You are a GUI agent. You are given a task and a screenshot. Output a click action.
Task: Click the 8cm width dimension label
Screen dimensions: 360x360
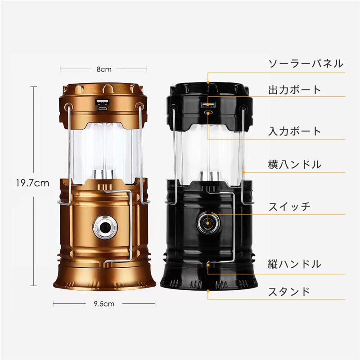coord(104,69)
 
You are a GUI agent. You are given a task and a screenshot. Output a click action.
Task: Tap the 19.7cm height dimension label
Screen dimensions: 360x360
coord(32,183)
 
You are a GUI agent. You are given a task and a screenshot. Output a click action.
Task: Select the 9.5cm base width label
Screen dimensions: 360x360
coord(104,304)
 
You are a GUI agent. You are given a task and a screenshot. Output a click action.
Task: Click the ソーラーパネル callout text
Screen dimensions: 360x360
coord(306,63)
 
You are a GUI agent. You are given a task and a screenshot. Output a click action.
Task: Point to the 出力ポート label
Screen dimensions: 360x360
coord(295,90)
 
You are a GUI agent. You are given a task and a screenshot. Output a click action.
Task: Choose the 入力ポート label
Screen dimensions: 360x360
coord(295,131)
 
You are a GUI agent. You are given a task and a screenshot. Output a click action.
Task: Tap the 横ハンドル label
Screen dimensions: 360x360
coord(295,164)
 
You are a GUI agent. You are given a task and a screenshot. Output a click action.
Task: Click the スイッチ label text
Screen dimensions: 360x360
coord(289,207)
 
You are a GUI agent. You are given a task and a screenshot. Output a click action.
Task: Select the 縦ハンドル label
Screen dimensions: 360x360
coord(295,264)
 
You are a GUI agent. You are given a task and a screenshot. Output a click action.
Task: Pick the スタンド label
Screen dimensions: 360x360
coord(289,292)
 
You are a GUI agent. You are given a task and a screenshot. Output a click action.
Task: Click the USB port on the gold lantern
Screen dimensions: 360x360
coord(103,102)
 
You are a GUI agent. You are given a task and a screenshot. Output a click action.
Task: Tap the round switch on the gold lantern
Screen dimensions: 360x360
coord(105,227)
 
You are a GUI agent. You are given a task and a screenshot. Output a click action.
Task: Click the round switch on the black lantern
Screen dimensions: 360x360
coord(208,223)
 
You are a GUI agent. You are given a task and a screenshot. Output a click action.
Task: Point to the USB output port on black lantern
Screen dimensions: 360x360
coord(208,105)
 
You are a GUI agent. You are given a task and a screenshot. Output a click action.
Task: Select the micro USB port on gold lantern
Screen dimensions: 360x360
coord(103,109)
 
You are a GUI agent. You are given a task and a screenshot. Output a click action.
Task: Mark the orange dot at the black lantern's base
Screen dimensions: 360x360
coord(208,291)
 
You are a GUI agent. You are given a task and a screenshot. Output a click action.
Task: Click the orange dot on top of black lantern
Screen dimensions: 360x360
coord(208,82)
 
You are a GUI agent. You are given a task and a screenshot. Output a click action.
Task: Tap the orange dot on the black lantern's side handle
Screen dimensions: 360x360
coord(243,172)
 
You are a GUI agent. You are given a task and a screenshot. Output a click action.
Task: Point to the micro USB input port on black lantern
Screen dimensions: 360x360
coord(208,113)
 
